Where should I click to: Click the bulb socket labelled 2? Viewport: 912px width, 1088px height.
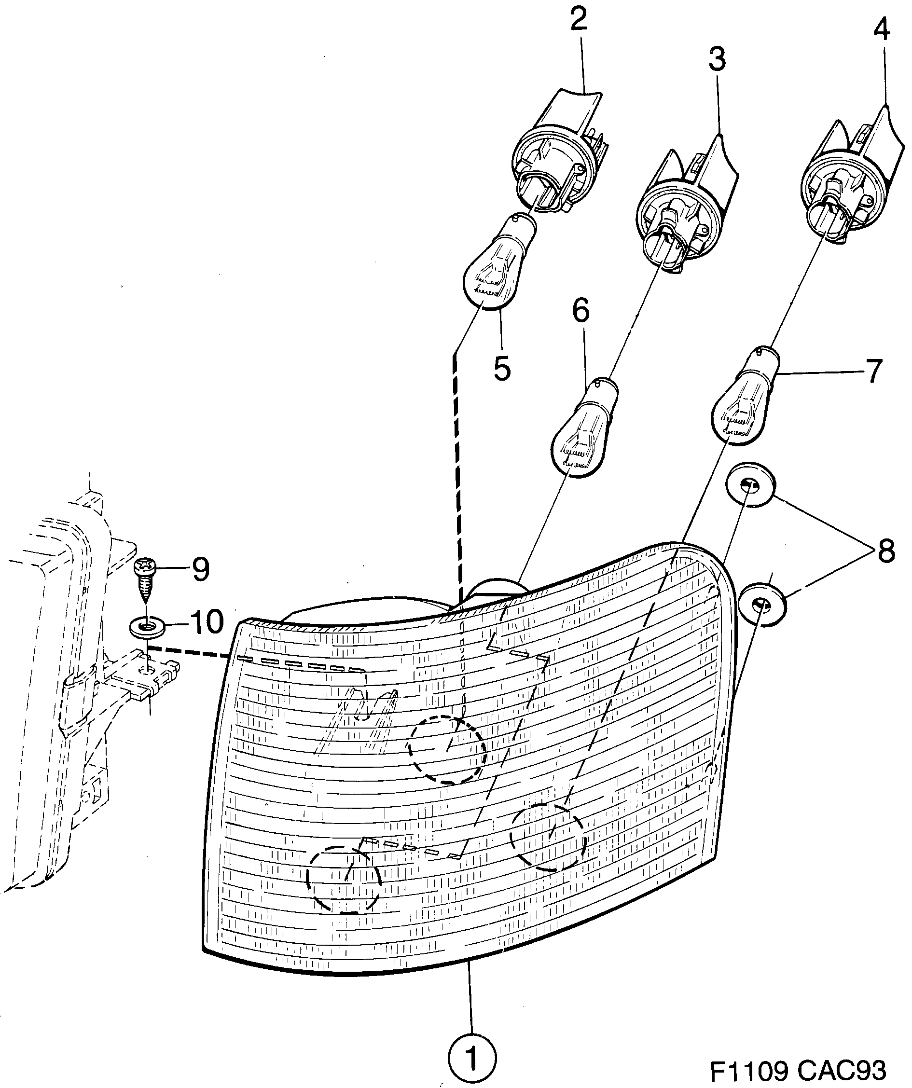554,155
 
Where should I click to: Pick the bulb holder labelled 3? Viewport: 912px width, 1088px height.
679,207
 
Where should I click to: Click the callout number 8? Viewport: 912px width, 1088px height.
885,551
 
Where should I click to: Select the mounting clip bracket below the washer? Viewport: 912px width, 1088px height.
142,676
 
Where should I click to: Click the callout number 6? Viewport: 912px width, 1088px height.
581,311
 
